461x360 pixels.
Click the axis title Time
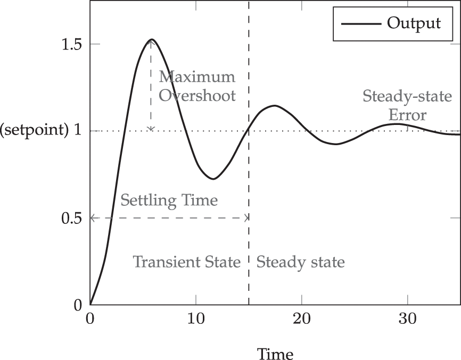click(x=275, y=353)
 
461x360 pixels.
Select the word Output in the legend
click(x=414, y=23)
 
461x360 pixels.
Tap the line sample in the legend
click(x=360, y=23)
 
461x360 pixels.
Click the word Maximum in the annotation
click(x=197, y=77)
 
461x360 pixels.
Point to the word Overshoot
click(x=197, y=96)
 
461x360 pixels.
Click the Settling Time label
click(x=169, y=201)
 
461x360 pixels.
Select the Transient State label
click(x=187, y=262)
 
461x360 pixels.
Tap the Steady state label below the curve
click(x=301, y=262)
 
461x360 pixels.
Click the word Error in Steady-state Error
click(x=408, y=115)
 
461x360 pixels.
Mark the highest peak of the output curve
click(x=152, y=39)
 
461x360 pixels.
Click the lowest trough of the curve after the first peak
click(x=213, y=179)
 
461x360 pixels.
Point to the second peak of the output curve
click(x=275, y=105)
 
